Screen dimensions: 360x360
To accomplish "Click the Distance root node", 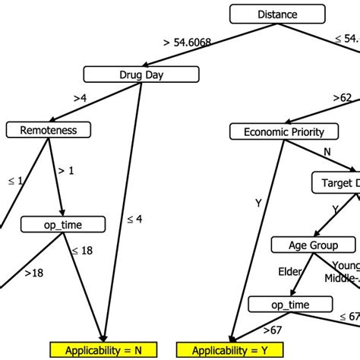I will (277, 14).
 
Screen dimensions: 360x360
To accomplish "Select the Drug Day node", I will (141, 74).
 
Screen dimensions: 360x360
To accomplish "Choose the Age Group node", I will (314, 245).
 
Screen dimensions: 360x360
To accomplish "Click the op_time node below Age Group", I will (289, 305).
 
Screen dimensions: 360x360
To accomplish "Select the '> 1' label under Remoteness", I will (66, 171).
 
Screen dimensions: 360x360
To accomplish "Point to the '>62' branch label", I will (343, 97).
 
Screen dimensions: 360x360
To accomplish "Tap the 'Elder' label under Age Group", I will (289, 271).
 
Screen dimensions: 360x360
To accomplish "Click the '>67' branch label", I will (272, 330).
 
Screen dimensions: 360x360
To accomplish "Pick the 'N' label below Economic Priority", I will (327, 151).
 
